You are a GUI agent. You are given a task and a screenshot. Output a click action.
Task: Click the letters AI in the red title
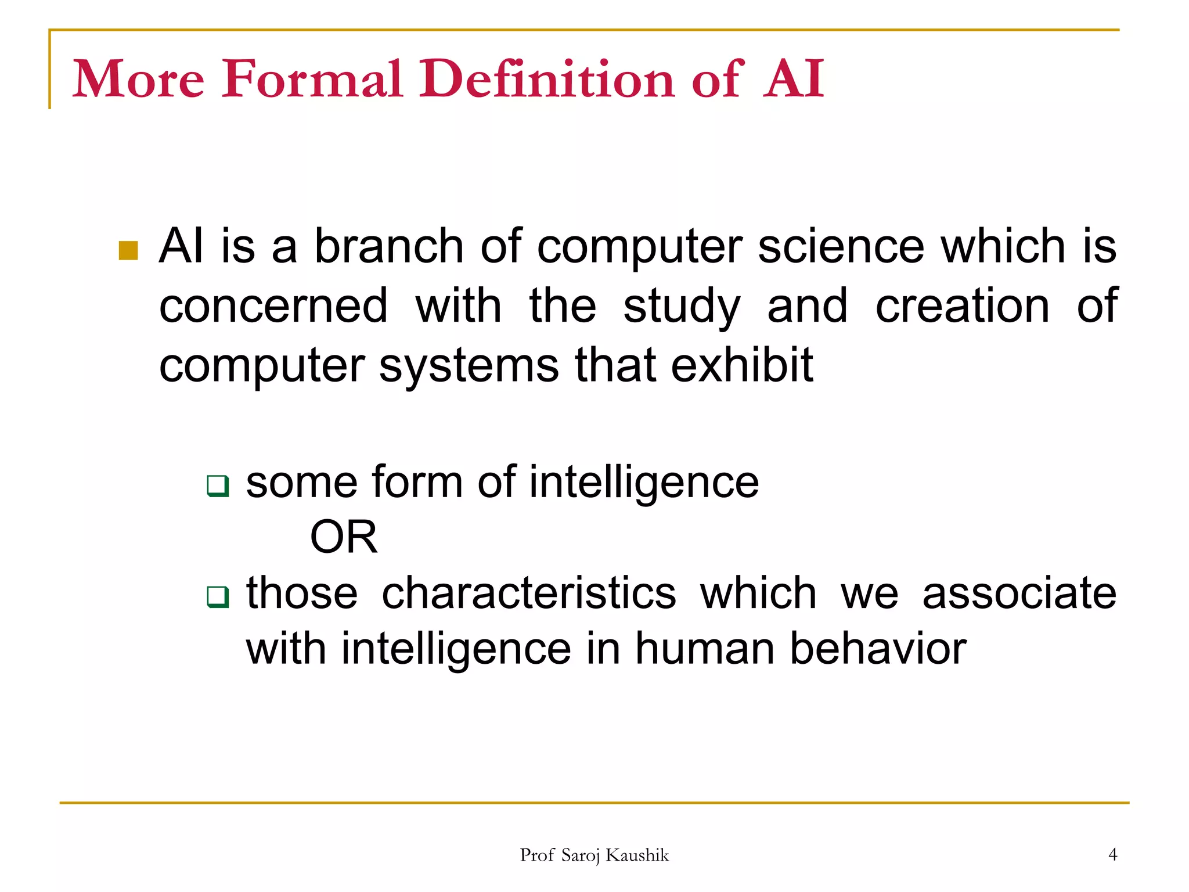tap(793, 79)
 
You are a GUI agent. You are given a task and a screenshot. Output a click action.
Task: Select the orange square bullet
tap(128, 251)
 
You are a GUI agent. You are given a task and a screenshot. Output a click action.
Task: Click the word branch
tap(388, 246)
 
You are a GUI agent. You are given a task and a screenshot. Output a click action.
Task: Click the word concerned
tap(273, 306)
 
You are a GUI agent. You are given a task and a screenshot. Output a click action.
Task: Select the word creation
tap(962, 306)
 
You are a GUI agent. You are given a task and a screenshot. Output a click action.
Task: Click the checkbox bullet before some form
tap(218, 485)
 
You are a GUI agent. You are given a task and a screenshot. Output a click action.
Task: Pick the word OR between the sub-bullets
tap(344, 537)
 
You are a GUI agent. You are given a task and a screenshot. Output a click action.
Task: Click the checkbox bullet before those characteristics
tap(218, 596)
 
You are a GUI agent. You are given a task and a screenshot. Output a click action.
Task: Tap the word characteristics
tap(529, 594)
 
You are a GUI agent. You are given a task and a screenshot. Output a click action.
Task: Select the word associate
tap(1019, 594)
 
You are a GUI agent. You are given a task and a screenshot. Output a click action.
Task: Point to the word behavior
tap(878, 649)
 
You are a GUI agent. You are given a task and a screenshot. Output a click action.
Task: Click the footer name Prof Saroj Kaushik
tap(594, 855)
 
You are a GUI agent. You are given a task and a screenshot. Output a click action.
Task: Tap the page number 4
tap(1112, 854)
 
